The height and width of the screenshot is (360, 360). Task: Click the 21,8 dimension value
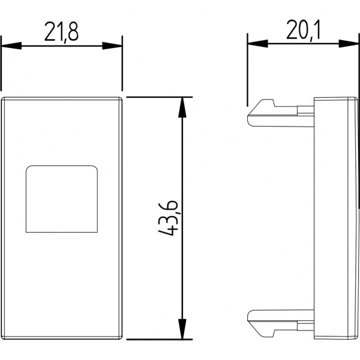point(61,32)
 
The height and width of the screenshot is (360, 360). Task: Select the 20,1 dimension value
point(303,30)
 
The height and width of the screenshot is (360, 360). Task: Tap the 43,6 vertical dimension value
point(169,218)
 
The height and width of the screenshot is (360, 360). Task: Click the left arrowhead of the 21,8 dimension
point(11,46)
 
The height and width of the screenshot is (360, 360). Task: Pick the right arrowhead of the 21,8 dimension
point(112,46)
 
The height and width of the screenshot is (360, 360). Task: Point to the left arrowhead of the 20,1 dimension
point(257,44)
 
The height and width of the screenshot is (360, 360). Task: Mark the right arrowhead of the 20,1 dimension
point(349,44)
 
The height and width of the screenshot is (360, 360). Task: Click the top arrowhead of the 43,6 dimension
point(182,107)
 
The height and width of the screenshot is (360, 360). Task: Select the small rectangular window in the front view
point(62,199)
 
